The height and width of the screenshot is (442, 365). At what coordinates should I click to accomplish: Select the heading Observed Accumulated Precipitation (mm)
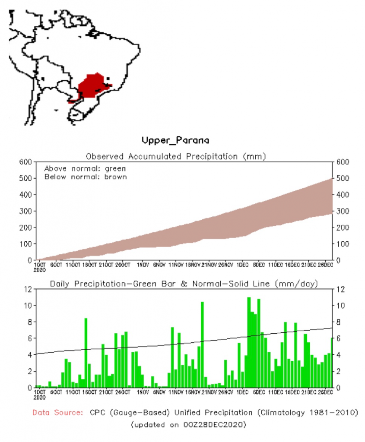coord(175,156)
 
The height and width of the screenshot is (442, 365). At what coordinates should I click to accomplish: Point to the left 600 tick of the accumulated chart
coord(25,162)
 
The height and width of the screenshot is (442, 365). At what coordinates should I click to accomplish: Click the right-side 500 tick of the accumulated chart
coord(339,178)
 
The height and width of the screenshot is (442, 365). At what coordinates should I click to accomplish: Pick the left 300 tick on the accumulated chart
coord(25,211)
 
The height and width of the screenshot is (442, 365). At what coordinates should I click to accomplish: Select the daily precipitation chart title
coord(184,284)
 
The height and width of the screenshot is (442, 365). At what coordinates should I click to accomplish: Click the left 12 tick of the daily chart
coord(29,289)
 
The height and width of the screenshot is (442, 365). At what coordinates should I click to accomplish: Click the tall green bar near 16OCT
coord(86,352)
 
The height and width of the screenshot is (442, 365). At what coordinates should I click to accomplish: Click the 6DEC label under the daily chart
coord(259,391)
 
